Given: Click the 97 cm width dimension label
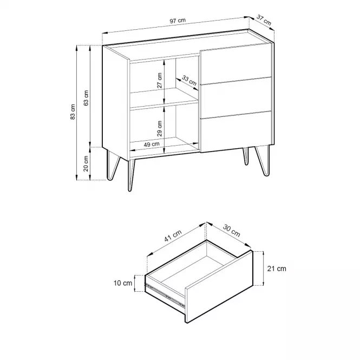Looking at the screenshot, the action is point(178,21).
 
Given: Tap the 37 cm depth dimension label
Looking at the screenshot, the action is point(264,20).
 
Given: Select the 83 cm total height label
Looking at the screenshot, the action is point(73,112).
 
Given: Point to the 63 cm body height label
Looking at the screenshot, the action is point(86,98).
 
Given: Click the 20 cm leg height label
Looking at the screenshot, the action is point(86,163).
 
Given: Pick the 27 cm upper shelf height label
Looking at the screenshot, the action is point(160,81).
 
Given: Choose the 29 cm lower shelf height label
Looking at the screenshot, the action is point(160,129).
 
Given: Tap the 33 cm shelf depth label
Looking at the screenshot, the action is point(189,81).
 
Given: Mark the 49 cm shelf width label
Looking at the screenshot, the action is point(152,145).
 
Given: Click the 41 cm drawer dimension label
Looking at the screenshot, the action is point(173,236).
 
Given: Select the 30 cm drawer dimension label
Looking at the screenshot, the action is point(232,231).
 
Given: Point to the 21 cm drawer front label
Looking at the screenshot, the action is point(277,269).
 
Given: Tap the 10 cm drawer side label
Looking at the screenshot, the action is point(123,283).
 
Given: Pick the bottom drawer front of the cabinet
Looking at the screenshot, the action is point(236,132).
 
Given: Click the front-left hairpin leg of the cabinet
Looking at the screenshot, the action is point(131,175).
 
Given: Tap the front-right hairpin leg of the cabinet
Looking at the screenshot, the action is point(263,161).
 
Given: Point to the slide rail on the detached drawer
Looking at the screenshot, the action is point(165,295).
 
